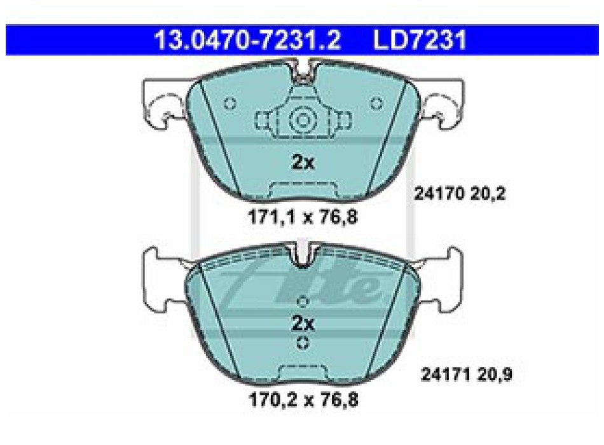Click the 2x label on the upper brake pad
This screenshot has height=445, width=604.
click(303, 163)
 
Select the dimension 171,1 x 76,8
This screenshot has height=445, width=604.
click(303, 218)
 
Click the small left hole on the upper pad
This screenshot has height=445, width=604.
click(231, 103)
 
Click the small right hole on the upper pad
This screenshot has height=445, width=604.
click(376, 103)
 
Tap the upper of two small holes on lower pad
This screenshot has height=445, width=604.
click(303, 301)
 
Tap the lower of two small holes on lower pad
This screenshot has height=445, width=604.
click(303, 343)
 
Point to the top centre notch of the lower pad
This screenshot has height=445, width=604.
click(303, 256)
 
